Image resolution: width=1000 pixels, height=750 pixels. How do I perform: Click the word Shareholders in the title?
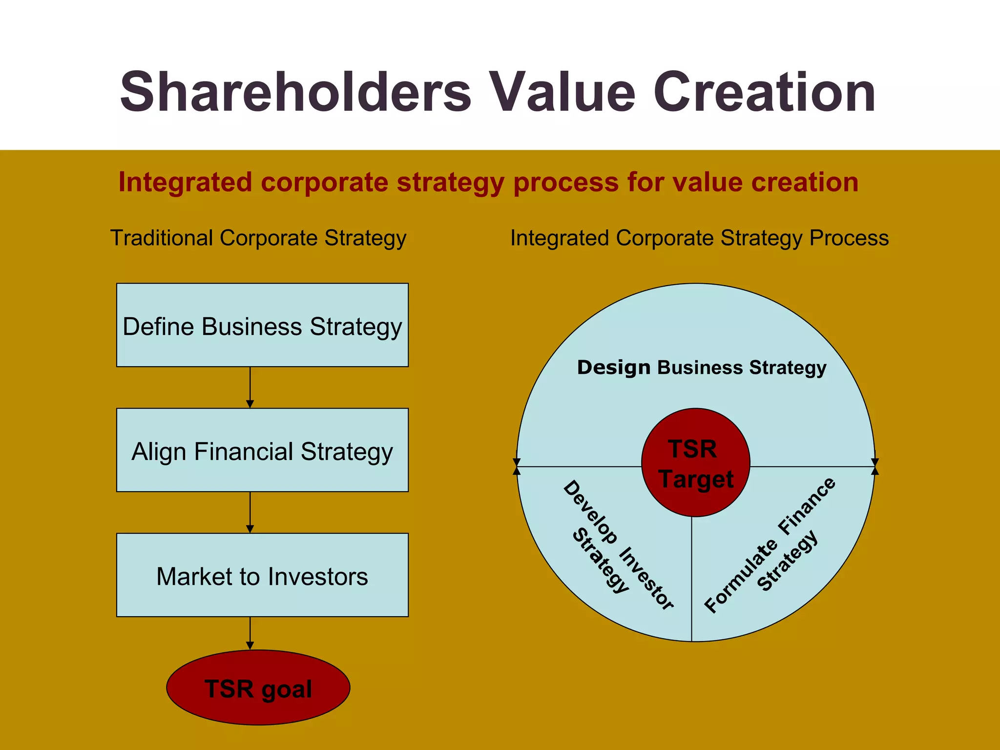coord(295,93)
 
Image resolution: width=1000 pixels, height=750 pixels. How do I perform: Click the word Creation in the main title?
coord(764,93)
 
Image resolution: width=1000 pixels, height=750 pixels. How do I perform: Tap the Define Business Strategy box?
coord(262,325)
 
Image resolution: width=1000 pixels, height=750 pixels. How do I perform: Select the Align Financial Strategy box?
coord(262,450)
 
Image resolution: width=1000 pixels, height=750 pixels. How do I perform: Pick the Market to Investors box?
coord(262,575)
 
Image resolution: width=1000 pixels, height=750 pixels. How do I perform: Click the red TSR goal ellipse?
coord(258,687)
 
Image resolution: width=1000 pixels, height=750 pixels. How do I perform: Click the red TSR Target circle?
coord(695,462)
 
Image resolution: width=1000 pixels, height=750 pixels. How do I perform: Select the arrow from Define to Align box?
coord(250,388)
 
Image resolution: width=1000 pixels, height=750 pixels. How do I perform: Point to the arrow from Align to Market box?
coord(250,513)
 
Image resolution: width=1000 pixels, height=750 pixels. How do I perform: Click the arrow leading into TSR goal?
coord(250,634)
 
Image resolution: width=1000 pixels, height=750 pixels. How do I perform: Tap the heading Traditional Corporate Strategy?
coord(258,238)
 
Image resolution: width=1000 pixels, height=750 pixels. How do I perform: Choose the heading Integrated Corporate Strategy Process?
coord(699,238)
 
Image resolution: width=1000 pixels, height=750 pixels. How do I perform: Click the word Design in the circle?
coord(613,367)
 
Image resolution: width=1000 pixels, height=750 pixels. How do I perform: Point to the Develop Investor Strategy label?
coord(618,544)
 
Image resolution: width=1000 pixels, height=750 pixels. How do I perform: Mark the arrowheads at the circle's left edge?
coord(517,466)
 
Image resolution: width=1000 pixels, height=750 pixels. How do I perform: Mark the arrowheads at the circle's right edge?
coord(875,466)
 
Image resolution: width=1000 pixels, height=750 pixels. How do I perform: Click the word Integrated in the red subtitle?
coord(184,182)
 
